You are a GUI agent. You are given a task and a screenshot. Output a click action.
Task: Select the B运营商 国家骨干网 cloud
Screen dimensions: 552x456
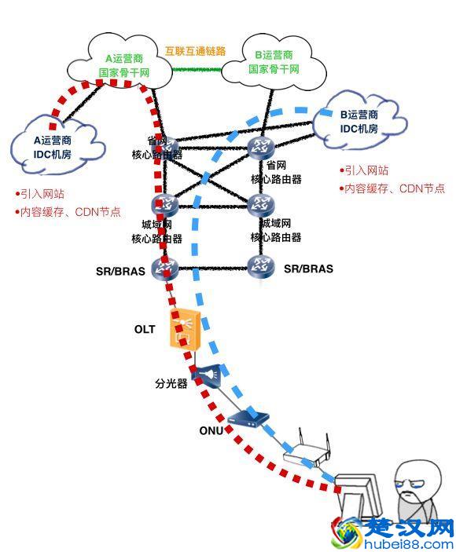tap(274, 61)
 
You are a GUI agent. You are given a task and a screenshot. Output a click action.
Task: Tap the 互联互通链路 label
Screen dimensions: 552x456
tap(195, 51)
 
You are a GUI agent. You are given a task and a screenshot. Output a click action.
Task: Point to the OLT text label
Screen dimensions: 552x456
tap(145, 328)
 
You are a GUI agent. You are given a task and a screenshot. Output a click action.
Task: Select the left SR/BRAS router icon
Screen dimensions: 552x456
tap(167, 269)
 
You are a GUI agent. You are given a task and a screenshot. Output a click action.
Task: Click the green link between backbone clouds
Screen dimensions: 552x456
tap(197, 70)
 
